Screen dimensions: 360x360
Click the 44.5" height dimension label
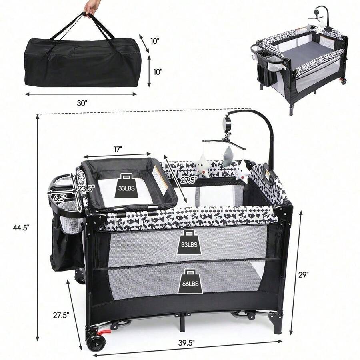pyautogui.click(x=22, y=228)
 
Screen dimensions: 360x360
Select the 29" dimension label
pyautogui.click(x=303, y=274)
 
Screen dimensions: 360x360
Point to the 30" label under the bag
pyautogui.click(x=82, y=103)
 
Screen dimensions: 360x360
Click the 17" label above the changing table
pyautogui.click(x=117, y=150)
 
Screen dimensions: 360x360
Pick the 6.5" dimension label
pyautogui.click(x=60, y=198)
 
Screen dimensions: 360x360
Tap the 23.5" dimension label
pyautogui.click(x=86, y=189)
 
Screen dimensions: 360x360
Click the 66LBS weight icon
pyautogui.click(x=190, y=281)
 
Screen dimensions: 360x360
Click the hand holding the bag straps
pyautogui.click(x=91, y=7)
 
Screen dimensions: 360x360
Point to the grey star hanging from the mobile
pyautogui.click(x=228, y=156)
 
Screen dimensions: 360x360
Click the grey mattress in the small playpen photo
pyautogui.click(x=308, y=50)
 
